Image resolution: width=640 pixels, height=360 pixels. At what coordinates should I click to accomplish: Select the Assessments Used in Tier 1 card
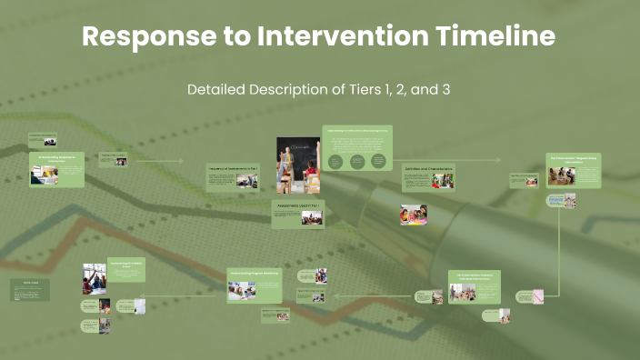point(297,214)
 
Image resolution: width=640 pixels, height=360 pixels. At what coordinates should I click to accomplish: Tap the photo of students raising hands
point(95,278)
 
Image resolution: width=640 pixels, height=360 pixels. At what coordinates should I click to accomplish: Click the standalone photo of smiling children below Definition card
point(414,214)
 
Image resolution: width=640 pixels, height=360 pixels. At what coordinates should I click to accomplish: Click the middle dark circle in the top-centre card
point(357,162)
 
